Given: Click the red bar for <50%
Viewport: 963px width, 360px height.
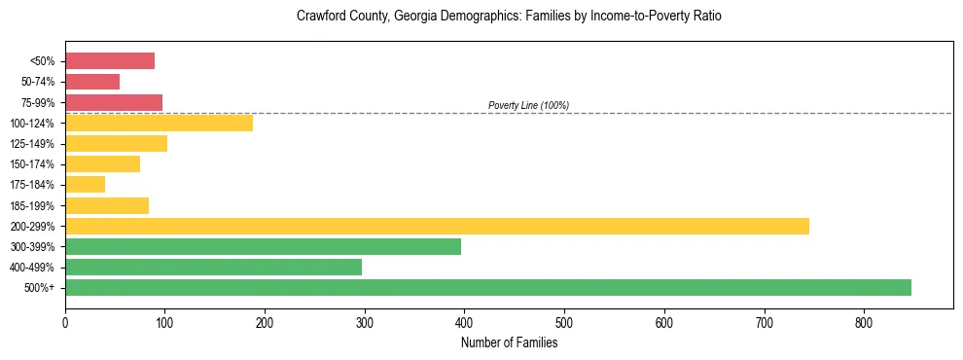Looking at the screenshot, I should point(110,61).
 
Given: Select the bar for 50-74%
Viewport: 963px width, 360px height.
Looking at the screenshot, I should point(92,82).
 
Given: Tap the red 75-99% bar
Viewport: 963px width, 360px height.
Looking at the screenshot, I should point(114,102).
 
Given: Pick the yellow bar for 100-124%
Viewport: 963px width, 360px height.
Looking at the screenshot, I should point(159,123).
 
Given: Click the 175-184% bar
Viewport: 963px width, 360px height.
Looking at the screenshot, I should point(85,185).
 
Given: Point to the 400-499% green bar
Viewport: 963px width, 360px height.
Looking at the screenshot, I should point(213,267).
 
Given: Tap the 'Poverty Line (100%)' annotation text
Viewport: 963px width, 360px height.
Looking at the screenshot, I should point(528,105).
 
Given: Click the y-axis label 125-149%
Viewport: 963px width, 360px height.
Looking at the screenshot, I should point(32,144).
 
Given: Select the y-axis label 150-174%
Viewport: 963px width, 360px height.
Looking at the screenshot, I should point(32,164).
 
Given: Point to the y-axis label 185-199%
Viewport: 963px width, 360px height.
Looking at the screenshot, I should point(32,205).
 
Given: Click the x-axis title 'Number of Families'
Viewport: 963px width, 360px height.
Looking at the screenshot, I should point(509,342).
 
